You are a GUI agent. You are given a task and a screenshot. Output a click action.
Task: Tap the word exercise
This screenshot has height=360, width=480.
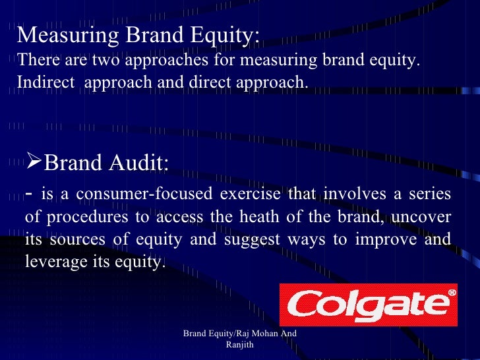click(249, 194)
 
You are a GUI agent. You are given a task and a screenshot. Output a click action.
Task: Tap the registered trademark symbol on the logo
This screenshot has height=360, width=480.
click(451, 292)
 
